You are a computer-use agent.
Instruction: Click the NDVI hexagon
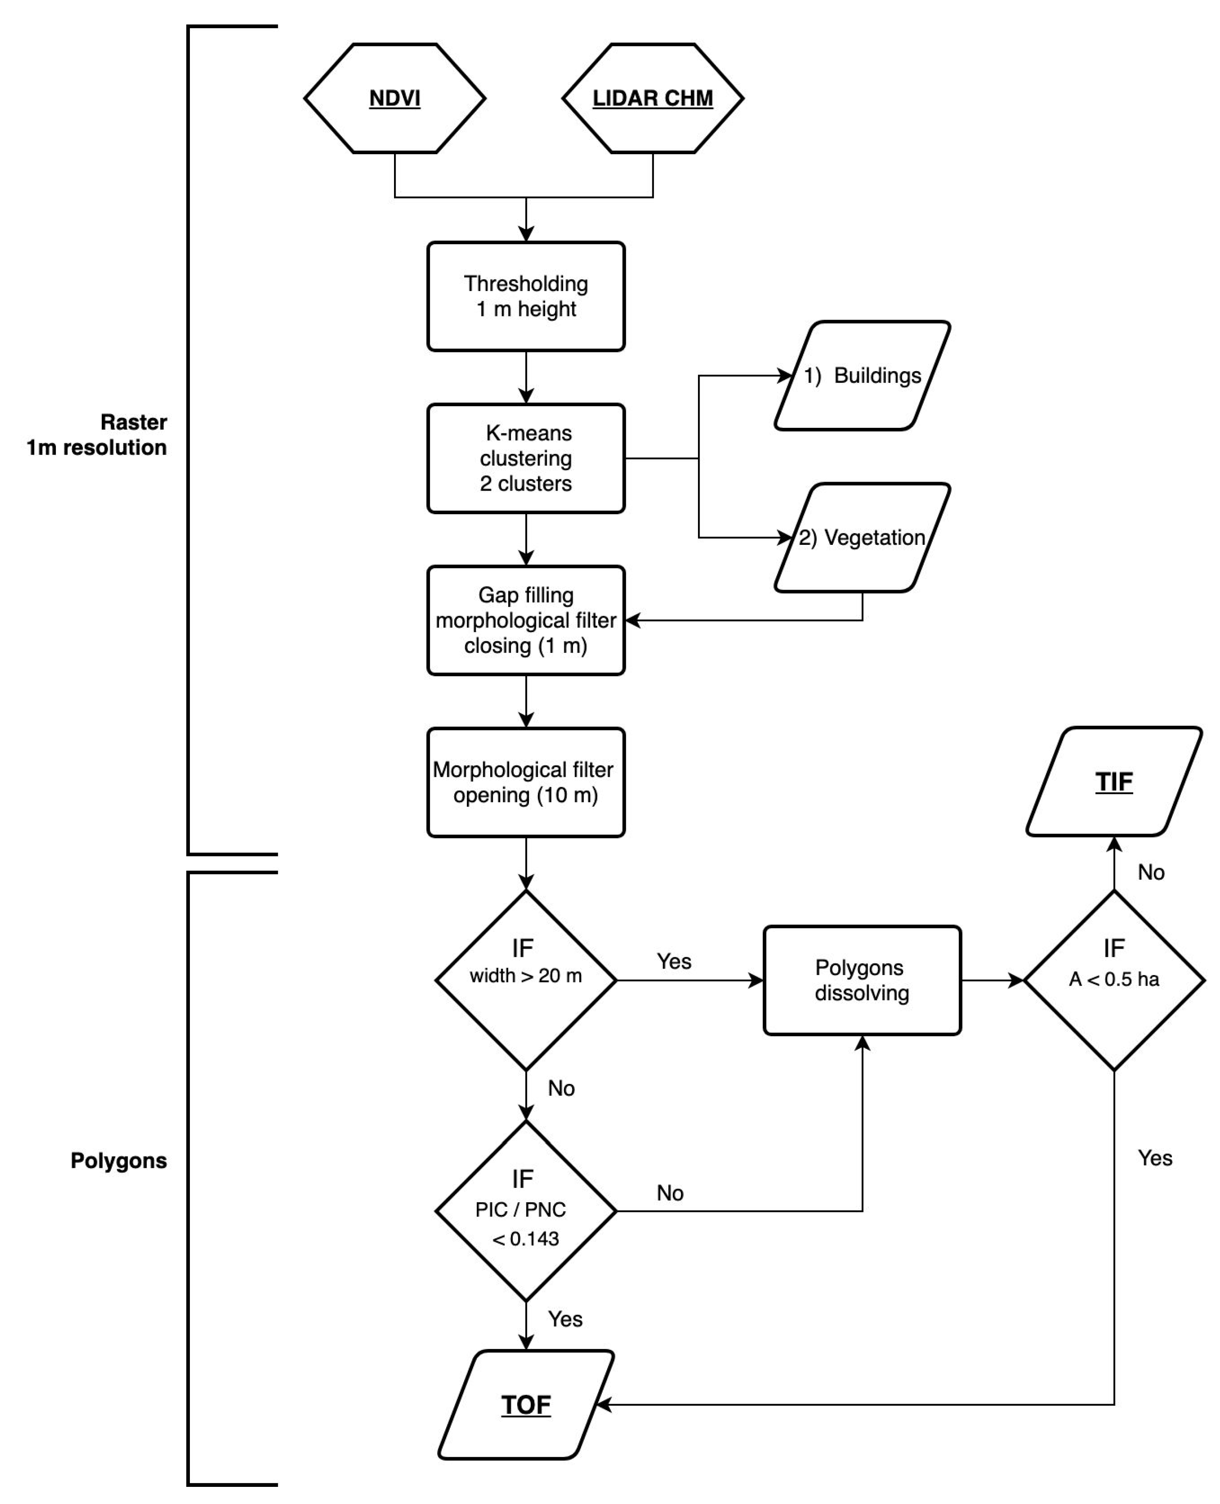(x=394, y=98)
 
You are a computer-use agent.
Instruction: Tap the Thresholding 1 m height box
(x=526, y=296)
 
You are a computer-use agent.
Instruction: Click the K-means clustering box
(x=526, y=458)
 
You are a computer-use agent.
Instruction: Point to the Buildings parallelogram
(x=862, y=376)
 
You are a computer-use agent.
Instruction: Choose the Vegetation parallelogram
(x=862, y=538)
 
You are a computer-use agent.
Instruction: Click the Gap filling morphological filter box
(x=526, y=620)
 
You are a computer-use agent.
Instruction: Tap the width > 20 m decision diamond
(x=526, y=980)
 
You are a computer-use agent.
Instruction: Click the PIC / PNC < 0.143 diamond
(x=526, y=1211)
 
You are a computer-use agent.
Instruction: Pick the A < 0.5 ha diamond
(x=1114, y=980)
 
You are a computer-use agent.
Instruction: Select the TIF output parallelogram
(x=1114, y=782)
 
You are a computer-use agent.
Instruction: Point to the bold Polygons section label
(x=119, y=1160)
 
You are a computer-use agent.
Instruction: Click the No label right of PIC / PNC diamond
(x=670, y=1192)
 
